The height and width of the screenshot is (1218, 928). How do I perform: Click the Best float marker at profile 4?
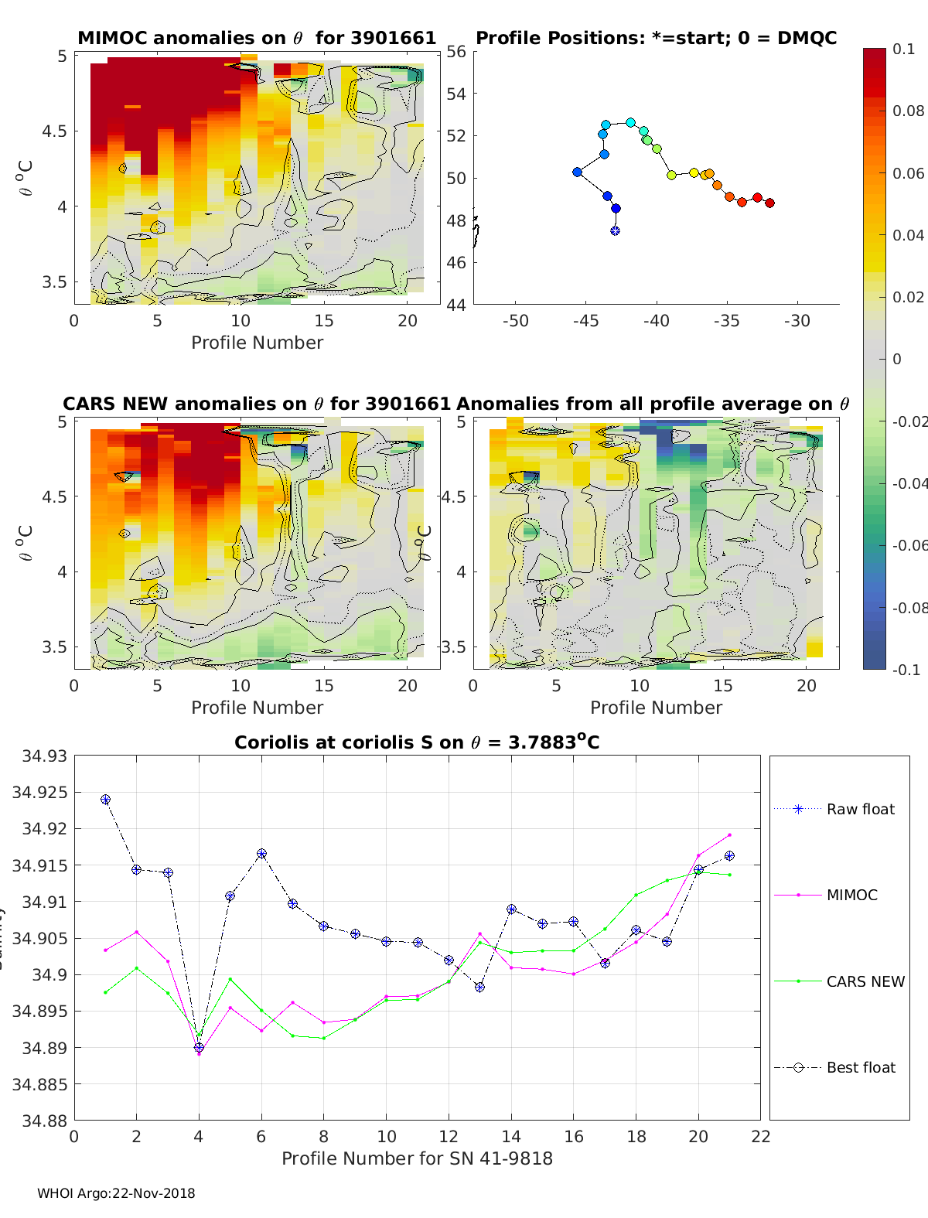(x=199, y=1048)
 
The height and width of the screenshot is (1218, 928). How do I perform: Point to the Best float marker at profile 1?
(x=105, y=800)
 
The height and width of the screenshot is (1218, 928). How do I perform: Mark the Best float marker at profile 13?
(x=479, y=987)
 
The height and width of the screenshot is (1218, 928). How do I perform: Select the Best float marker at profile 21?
(x=729, y=856)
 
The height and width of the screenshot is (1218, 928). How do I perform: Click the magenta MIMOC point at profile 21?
(x=729, y=835)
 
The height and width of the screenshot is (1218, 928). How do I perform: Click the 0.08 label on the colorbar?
(x=908, y=111)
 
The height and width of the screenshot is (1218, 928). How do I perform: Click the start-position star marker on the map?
(x=615, y=230)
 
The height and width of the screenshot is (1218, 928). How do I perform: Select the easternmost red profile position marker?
(x=769, y=203)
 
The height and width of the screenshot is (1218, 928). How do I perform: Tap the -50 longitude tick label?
(x=515, y=321)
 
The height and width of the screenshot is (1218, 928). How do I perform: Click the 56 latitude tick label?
(x=456, y=52)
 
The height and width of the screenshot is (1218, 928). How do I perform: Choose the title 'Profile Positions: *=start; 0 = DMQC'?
(x=656, y=38)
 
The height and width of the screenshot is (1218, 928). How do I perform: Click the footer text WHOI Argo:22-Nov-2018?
(x=116, y=1193)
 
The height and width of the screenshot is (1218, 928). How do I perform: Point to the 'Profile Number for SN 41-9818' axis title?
(x=417, y=1158)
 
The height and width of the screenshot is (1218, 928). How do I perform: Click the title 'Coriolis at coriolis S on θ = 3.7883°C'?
(x=417, y=742)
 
